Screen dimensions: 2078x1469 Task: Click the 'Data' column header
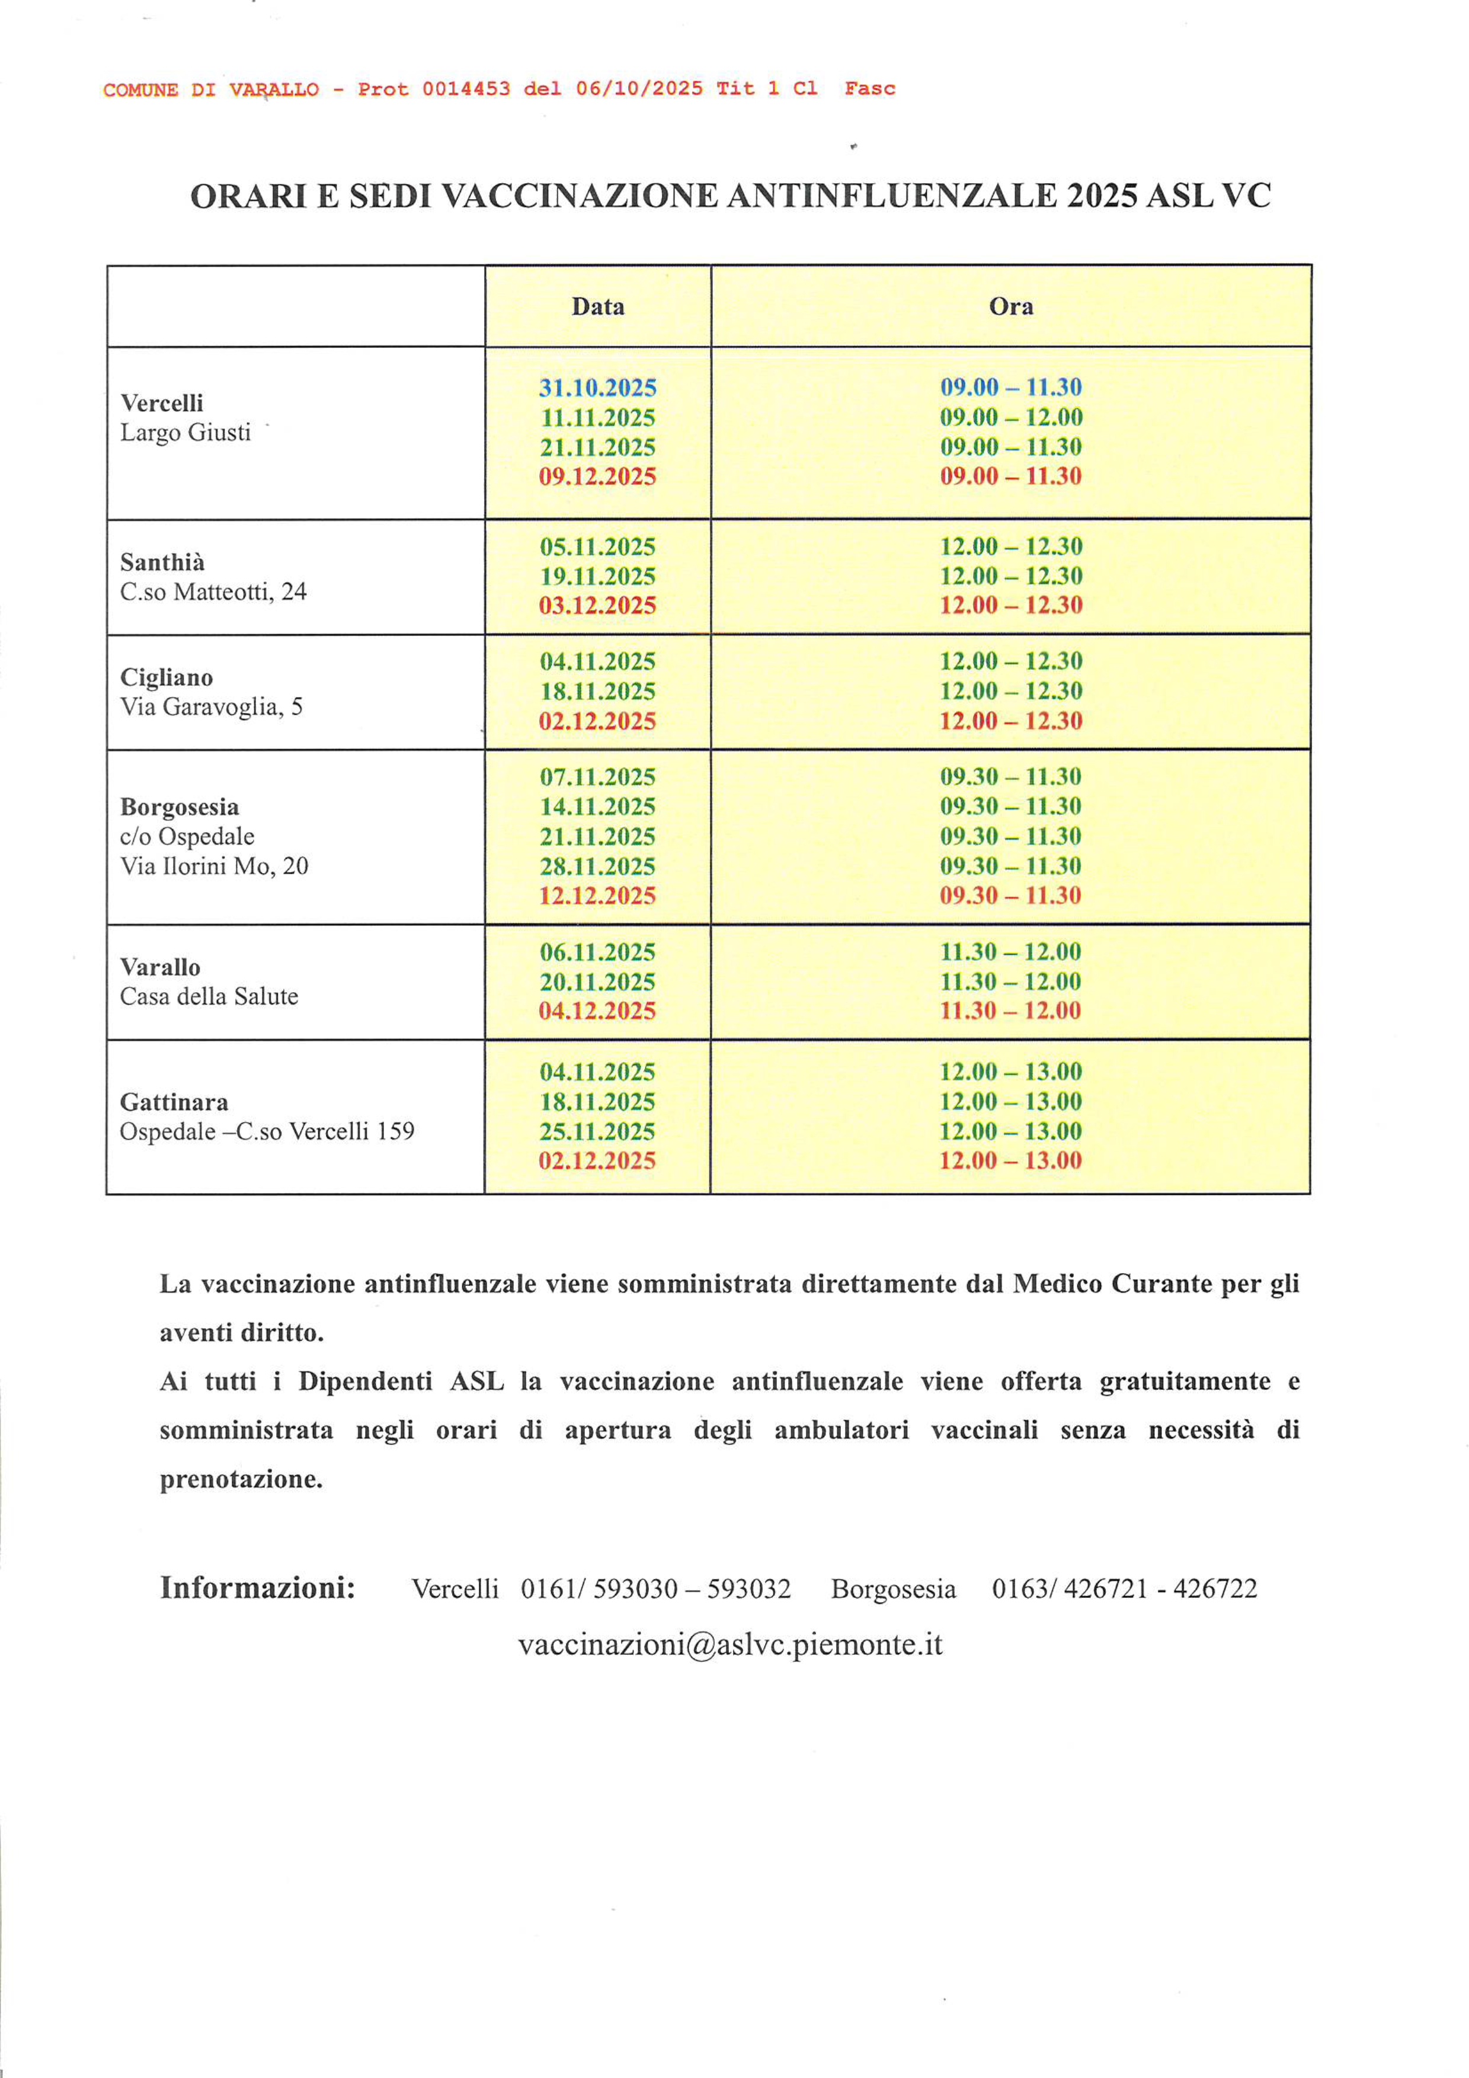pyautogui.click(x=597, y=307)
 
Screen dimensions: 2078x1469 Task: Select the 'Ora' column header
pyautogui.click(x=1010, y=307)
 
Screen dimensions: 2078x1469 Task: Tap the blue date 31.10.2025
pyautogui.click(x=597, y=388)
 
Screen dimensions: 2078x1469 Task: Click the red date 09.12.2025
pyautogui.click(x=597, y=476)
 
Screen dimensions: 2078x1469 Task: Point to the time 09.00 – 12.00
pyautogui.click(x=1010, y=417)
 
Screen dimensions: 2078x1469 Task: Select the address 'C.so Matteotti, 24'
pyautogui.click(x=213, y=592)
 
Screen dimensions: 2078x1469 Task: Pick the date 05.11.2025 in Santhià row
pyautogui.click(x=597, y=546)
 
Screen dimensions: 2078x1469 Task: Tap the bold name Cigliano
pyautogui.click(x=167, y=677)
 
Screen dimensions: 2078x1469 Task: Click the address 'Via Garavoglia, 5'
pyautogui.click(x=211, y=707)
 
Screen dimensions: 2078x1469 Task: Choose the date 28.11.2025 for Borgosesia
pyautogui.click(x=597, y=866)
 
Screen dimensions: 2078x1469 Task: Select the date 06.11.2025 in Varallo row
pyautogui.click(x=597, y=952)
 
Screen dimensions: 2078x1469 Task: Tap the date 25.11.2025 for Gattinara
pyautogui.click(x=597, y=1131)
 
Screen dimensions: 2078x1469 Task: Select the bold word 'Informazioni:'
pyautogui.click(x=257, y=1587)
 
